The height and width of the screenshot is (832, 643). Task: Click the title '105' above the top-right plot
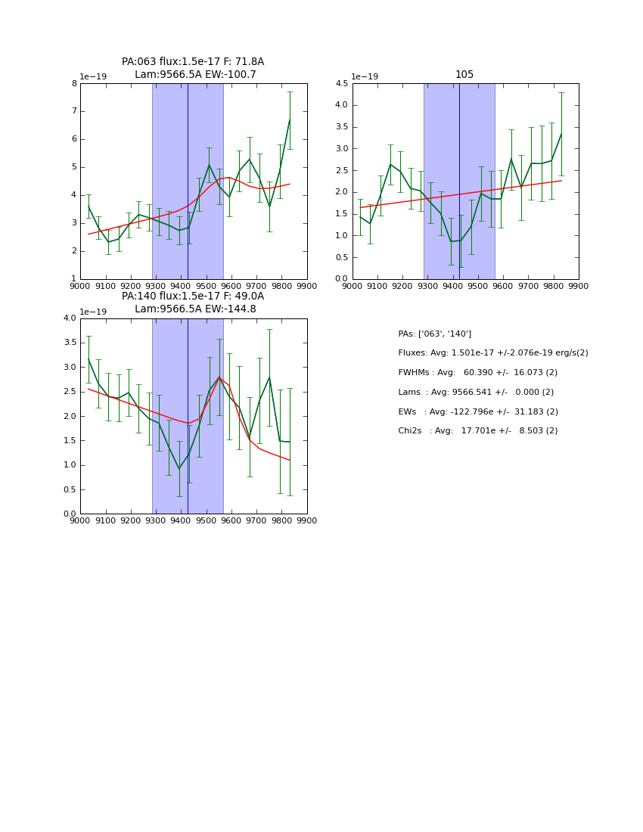click(464, 74)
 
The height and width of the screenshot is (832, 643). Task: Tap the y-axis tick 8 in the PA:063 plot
click(73, 84)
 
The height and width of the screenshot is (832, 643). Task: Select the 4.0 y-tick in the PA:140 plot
click(70, 318)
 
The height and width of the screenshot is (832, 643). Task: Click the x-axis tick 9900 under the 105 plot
click(579, 287)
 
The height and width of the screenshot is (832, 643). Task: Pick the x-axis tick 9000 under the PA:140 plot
click(80, 521)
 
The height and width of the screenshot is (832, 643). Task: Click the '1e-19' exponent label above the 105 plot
click(365, 76)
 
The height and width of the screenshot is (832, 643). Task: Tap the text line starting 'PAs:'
click(434, 334)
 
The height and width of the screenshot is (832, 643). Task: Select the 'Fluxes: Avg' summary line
click(492, 353)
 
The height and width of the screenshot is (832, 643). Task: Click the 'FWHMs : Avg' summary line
click(477, 373)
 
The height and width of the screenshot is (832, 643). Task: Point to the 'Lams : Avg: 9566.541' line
click(476, 393)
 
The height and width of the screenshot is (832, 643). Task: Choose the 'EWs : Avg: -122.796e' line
click(477, 411)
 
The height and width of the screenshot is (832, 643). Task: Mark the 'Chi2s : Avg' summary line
click(477, 431)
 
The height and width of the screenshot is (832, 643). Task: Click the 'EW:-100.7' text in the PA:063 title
click(231, 75)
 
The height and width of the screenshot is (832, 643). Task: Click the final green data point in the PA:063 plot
click(290, 120)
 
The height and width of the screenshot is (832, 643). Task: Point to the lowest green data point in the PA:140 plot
click(179, 469)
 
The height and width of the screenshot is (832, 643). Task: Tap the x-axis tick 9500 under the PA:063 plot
click(206, 287)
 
